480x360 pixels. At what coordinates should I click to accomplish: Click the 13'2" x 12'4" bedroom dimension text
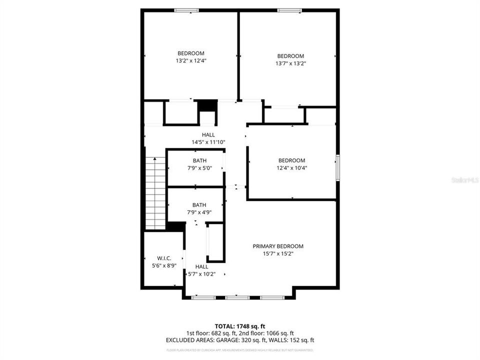click(x=190, y=60)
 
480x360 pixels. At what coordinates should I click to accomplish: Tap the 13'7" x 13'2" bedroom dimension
click(x=290, y=63)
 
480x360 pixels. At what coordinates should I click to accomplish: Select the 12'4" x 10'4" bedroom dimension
click(x=292, y=168)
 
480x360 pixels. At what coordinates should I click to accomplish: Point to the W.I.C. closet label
click(x=164, y=258)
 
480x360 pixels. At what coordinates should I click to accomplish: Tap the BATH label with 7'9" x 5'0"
click(x=199, y=160)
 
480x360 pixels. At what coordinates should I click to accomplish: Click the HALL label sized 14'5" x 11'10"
click(x=208, y=134)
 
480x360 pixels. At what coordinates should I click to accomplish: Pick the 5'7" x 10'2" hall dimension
click(x=201, y=274)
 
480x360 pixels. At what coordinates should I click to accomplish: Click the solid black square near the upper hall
click(x=206, y=106)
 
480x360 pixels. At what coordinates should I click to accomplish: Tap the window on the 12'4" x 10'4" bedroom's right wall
click(x=338, y=168)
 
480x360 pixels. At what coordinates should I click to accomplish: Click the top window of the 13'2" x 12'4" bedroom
click(x=186, y=10)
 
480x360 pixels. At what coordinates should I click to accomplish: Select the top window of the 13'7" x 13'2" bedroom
click(x=289, y=10)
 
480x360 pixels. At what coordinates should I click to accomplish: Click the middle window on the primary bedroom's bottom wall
click(x=237, y=297)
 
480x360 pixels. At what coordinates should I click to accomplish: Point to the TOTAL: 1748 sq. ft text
click(x=239, y=325)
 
